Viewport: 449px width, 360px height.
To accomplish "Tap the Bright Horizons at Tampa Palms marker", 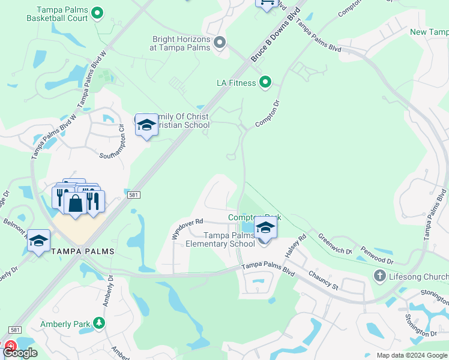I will click(220, 42).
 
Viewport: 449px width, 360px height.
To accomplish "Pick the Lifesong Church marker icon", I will click(379, 275).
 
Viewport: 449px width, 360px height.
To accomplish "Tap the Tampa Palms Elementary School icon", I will click(265, 229).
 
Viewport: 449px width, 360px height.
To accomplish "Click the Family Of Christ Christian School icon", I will click(146, 124).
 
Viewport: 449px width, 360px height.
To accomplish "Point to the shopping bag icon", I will click(76, 203).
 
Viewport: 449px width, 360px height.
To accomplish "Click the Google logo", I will click(20, 353).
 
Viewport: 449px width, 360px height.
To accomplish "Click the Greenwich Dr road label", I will click(334, 244).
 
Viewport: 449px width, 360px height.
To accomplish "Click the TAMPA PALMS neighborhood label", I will click(83, 250).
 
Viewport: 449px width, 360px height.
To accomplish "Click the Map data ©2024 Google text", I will click(411, 355).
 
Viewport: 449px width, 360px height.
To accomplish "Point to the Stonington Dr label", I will click(420, 325).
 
